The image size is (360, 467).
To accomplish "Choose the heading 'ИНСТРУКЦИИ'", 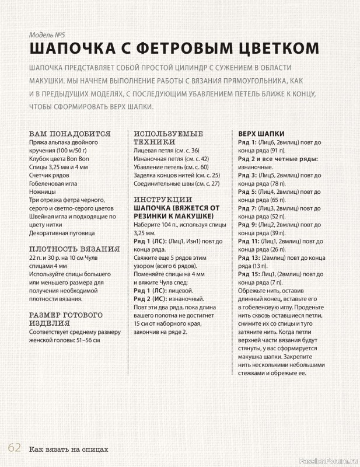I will pos(163,199).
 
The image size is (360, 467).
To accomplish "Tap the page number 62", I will pos(15,448).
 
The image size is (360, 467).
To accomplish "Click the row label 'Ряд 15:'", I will pos(250,274).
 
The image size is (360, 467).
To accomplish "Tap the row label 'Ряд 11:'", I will pos(250,241).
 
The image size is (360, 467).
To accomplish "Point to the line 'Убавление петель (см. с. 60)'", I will pos(171,166).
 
